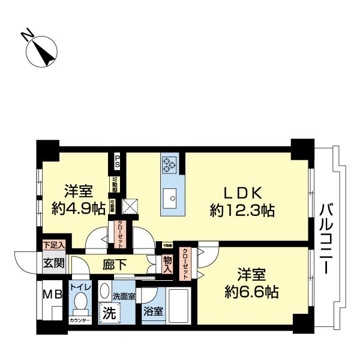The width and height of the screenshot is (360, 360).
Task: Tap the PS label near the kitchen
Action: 118,160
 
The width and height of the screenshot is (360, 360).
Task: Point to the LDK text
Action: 242,193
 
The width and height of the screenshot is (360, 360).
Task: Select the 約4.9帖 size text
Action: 79,208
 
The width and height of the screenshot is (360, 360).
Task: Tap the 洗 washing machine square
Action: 109,313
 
